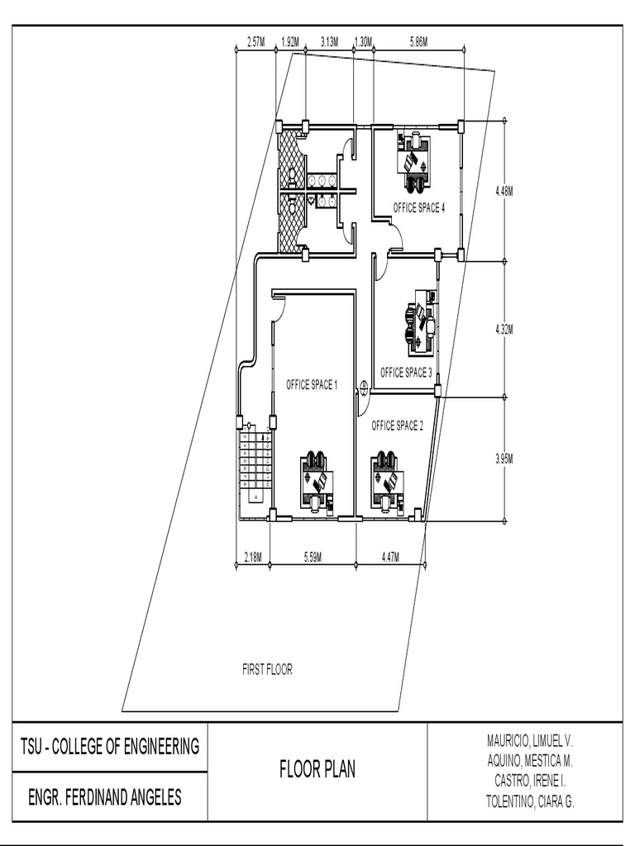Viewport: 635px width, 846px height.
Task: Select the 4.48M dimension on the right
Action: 504,191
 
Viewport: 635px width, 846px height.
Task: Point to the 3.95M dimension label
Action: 504,458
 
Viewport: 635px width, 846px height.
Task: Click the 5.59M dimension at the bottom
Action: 313,558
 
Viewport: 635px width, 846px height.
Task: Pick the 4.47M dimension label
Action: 390,558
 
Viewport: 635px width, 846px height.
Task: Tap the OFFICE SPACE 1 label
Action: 312,384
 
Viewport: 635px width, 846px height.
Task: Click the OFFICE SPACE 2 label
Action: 397,425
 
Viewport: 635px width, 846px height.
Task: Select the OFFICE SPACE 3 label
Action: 406,373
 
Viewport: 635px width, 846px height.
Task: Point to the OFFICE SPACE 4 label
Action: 418,208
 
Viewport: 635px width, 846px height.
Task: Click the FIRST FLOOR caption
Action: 267,670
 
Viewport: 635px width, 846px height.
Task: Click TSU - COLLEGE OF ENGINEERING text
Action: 110,747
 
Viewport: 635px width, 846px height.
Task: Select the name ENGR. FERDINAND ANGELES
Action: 105,798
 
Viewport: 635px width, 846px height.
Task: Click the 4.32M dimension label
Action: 504,329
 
